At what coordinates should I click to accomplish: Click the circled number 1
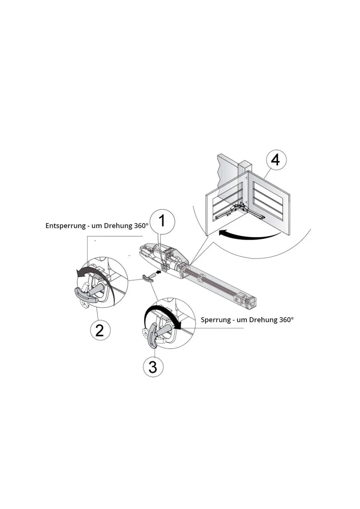pos(162,221)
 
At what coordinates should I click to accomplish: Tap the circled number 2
pos(100,330)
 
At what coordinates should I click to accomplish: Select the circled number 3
pos(153,367)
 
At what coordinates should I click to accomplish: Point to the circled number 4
pos(275,160)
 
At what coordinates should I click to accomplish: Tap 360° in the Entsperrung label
pos(141,225)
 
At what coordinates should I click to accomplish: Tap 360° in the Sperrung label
pos(286,319)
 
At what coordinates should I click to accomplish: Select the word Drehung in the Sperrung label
pos(261,320)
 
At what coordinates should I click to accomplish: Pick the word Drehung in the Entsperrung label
pos(118,226)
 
